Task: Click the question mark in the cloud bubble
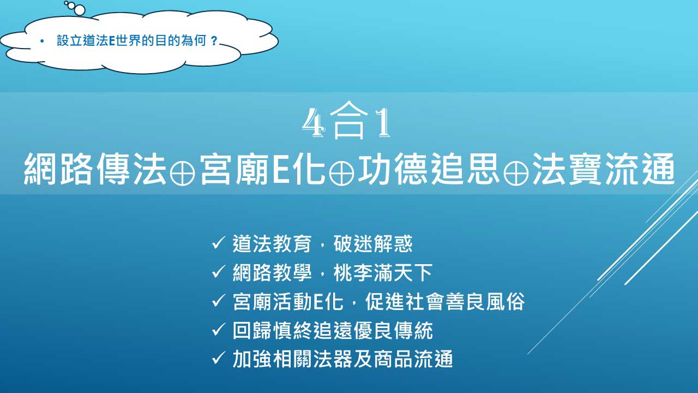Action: [x=214, y=41]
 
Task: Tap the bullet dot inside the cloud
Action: [x=42, y=41]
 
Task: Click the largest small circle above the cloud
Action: [x=80, y=10]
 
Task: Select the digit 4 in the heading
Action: [x=314, y=123]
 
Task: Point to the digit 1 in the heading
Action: [x=383, y=123]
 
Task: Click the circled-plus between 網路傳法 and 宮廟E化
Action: [x=182, y=173]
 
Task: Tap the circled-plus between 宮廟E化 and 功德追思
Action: [x=342, y=173]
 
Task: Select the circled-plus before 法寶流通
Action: [x=516, y=173]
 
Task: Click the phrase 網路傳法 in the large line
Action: [x=95, y=169]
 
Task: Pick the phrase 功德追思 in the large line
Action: [x=429, y=169]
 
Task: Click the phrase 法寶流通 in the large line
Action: [x=603, y=169]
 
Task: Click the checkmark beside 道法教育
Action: [x=219, y=243]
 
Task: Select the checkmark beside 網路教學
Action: [x=219, y=271]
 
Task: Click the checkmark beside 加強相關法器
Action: [x=219, y=358]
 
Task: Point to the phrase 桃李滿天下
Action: [x=383, y=272]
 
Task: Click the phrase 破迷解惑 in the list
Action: [x=373, y=243]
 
